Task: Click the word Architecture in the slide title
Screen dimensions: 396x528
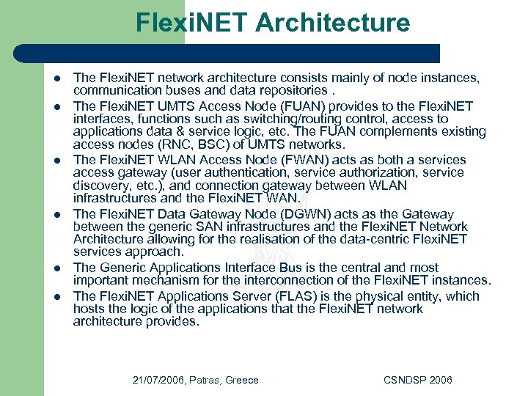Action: [x=333, y=23]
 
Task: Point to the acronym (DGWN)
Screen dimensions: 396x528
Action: [x=318, y=214]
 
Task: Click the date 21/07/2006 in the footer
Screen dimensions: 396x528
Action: [x=159, y=380]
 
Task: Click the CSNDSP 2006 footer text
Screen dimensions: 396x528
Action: [x=418, y=380]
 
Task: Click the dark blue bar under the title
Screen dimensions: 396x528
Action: [x=227, y=54]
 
